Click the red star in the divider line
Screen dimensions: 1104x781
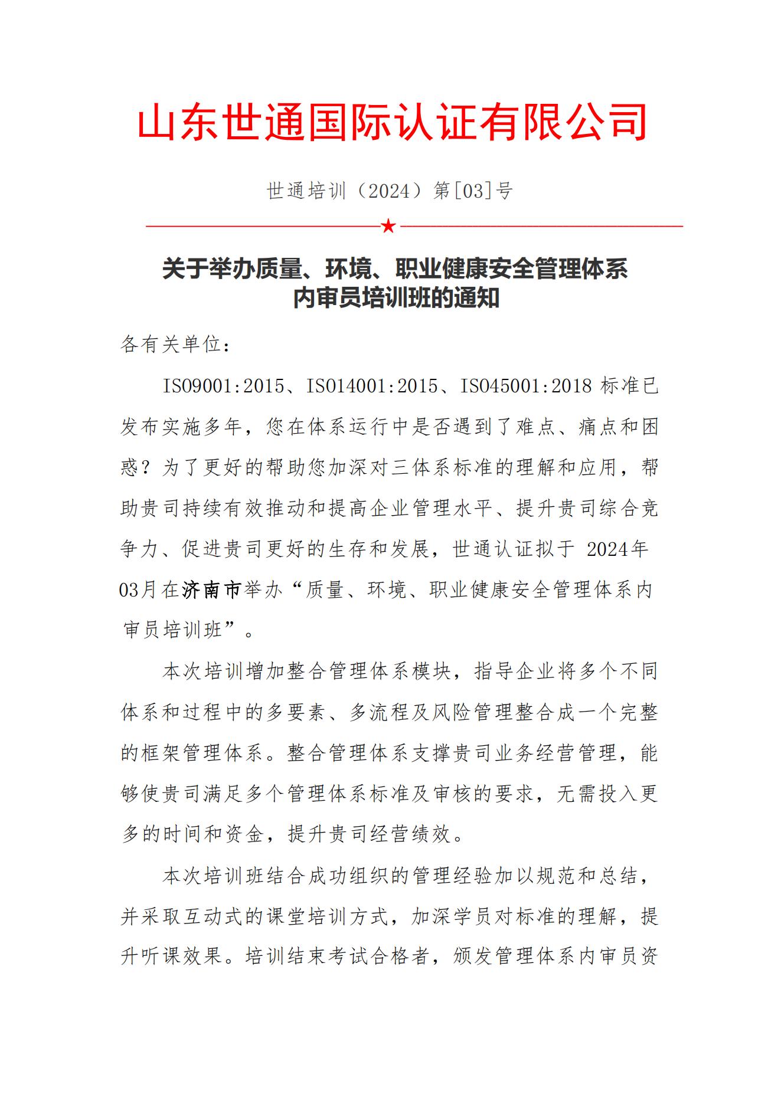(x=388, y=225)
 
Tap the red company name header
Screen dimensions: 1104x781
(x=391, y=123)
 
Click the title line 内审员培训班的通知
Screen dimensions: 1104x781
(x=396, y=298)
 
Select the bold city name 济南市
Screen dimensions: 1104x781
(x=211, y=589)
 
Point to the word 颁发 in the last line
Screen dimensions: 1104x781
(x=473, y=956)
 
